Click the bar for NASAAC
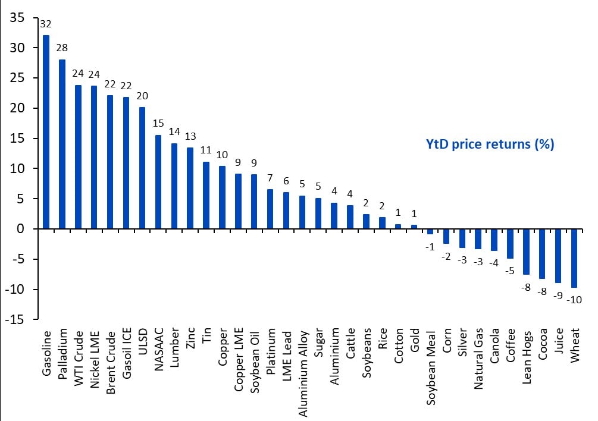click(x=158, y=182)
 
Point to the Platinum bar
click(x=270, y=209)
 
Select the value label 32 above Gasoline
click(x=46, y=25)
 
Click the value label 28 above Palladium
click(x=62, y=49)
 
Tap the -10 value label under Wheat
click(x=574, y=300)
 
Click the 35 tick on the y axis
click(x=17, y=18)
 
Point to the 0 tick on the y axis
click(x=21, y=229)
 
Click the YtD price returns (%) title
click(x=490, y=144)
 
